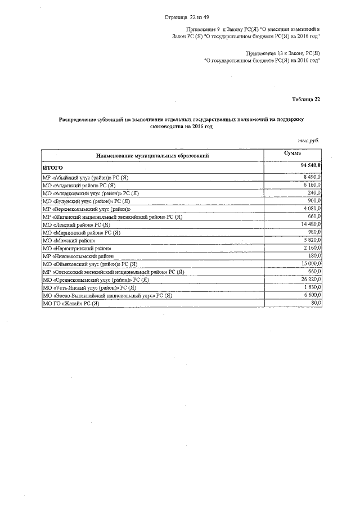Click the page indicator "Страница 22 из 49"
190,18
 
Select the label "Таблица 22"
306,100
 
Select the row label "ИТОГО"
53,168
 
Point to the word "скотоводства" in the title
170,127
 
